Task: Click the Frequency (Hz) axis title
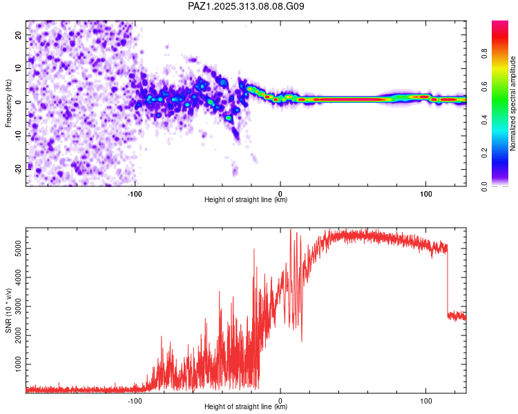click(x=8, y=103)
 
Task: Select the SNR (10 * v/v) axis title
click(x=8, y=310)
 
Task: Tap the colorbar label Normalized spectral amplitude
click(x=512, y=103)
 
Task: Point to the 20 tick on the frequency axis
click(x=19, y=34)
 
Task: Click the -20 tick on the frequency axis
click(x=17, y=168)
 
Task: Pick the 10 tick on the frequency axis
click(x=19, y=68)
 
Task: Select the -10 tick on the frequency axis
click(x=17, y=135)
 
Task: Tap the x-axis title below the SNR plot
click(x=246, y=407)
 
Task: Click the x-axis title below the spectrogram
click(x=246, y=200)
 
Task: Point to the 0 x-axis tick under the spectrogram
click(x=280, y=193)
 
